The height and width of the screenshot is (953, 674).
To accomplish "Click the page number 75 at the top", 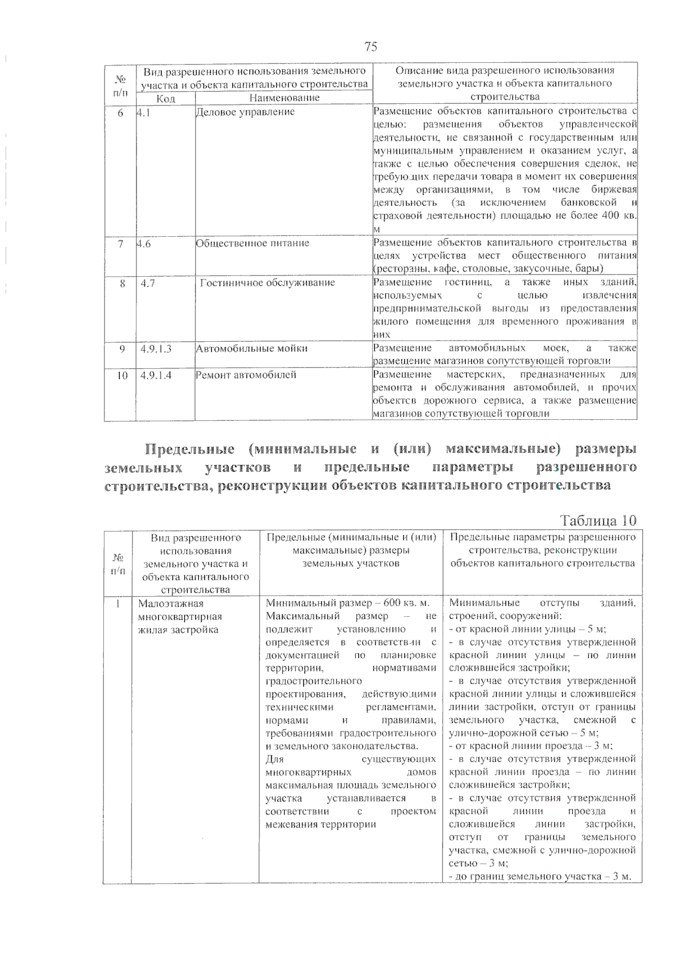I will pyautogui.click(x=371, y=47).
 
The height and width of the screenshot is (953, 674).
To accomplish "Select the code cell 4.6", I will pyautogui.click(x=144, y=244).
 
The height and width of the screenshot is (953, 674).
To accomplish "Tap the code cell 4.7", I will pyautogui.click(x=148, y=283).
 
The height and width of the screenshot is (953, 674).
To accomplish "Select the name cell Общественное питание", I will pyautogui.click(x=253, y=244).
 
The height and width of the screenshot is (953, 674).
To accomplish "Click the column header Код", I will pyautogui.click(x=166, y=98).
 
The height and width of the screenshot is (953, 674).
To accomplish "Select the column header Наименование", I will pyautogui.click(x=284, y=98).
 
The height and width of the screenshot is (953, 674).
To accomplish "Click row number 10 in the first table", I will pyautogui.click(x=122, y=375).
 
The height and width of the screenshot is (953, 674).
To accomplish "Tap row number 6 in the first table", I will pyautogui.click(x=120, y=112).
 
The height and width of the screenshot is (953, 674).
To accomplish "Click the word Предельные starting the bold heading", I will pyautogui.click(x=189, y=450).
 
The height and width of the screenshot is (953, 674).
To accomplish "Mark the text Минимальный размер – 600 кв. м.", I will pyautogui.click(x=348, y=603).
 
